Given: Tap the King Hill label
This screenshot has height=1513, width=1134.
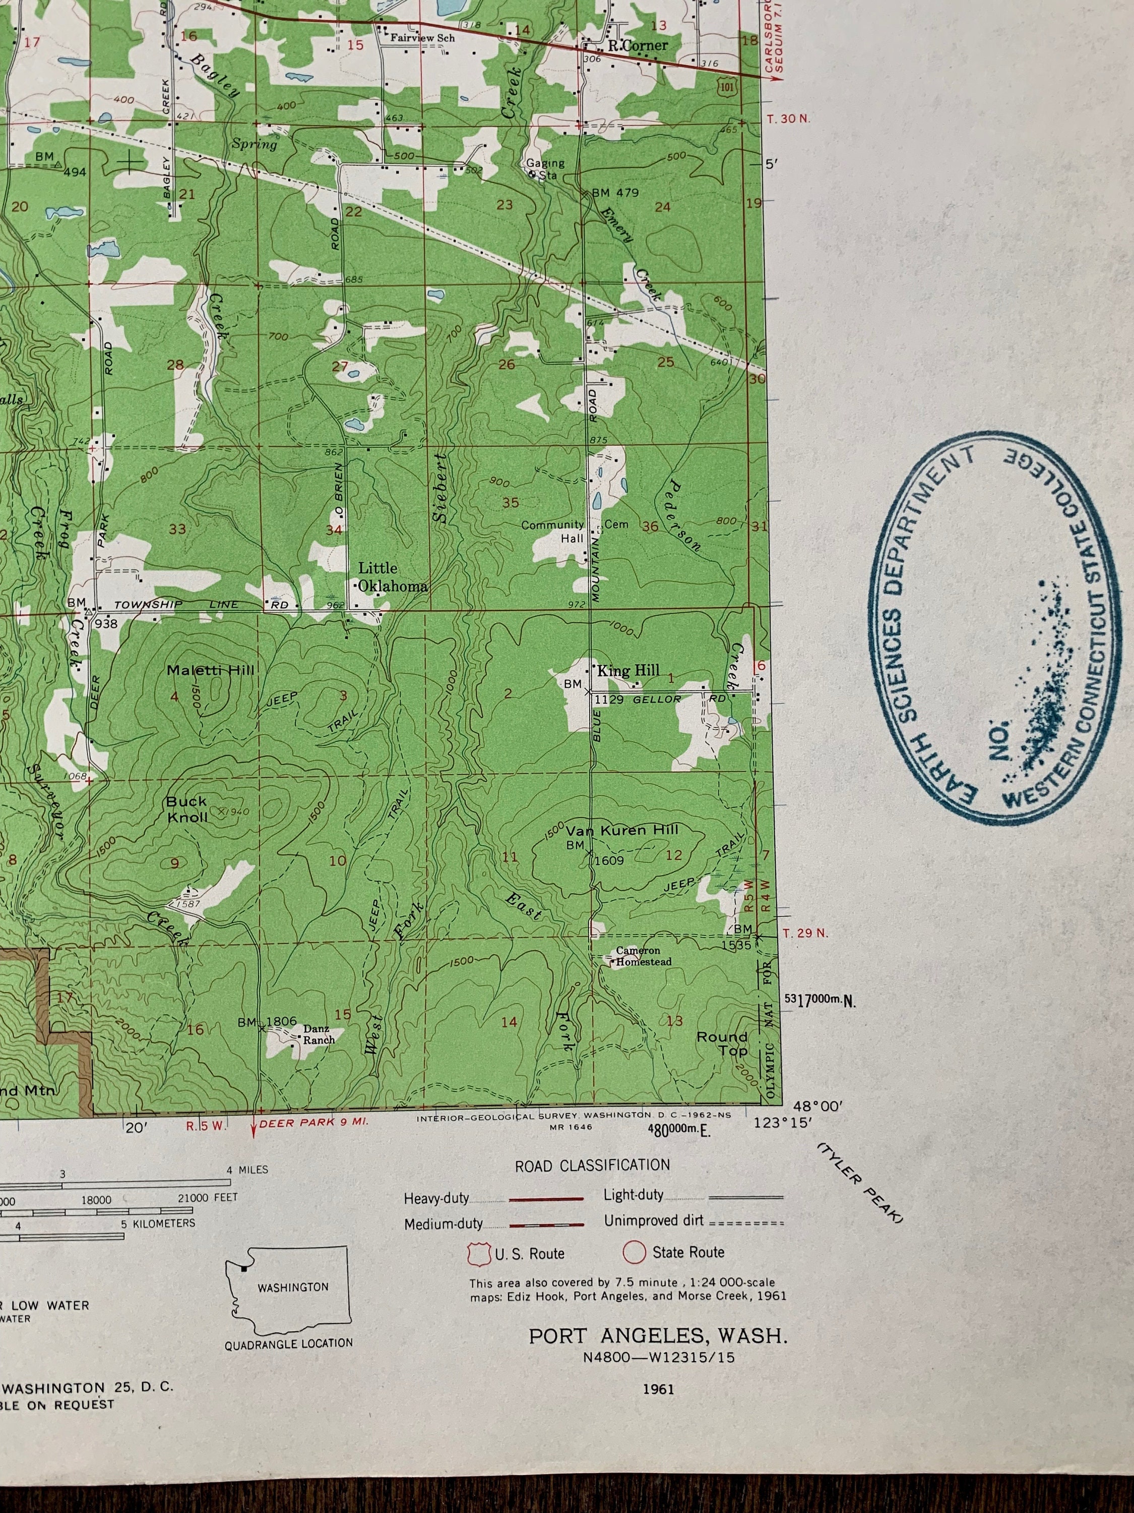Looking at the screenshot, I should (628, 670).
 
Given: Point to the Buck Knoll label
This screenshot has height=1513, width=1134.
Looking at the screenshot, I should (186, 808).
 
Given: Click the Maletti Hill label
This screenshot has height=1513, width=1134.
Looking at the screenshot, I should (210, 670).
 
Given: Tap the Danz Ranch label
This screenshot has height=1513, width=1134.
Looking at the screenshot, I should (318, 1034).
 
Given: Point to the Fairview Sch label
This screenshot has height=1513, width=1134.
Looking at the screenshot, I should (422, 38).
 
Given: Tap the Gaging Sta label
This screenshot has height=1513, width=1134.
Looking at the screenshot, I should (545, 169).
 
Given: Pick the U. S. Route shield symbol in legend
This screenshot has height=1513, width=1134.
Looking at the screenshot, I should (478, 1253).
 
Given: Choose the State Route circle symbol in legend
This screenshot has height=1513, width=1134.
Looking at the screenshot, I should (634, 1252).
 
